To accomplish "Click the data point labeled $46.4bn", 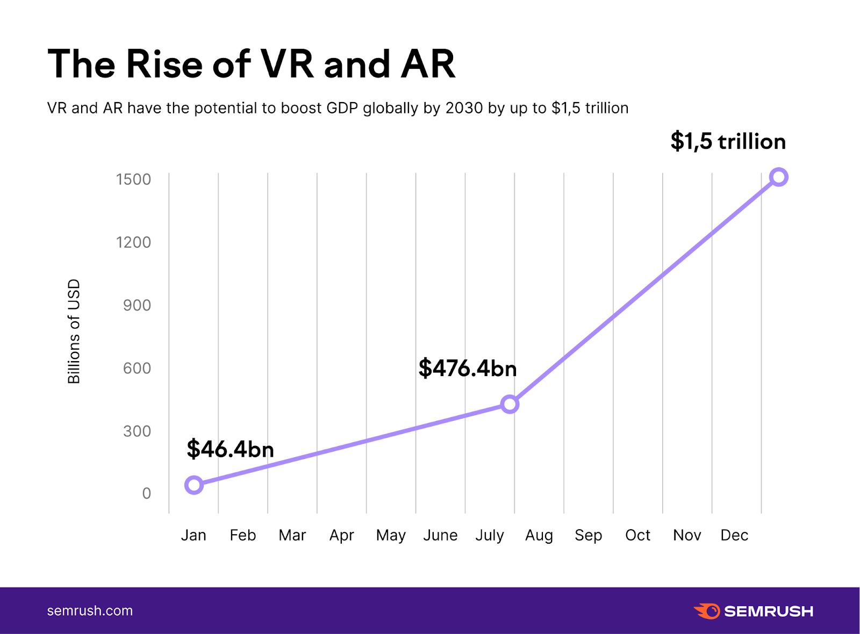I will coord(194,485).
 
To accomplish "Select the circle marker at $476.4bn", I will coord(510,404).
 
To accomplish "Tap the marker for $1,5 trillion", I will coord(778,177).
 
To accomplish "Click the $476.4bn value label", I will coord(468,369).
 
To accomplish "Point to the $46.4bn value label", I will coord(230,449).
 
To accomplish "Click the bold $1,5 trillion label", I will coord(728,141).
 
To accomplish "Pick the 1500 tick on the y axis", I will coord(133,179).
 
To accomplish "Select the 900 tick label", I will coord(137,305).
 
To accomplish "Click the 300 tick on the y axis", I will coord(137,431).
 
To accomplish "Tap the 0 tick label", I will coord(146,493).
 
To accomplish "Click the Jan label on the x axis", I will coord(193,535).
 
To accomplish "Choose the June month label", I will coord(440,535).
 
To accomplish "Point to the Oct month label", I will coord(637,535).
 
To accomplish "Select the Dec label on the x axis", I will coord(734,535).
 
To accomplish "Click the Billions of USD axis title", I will coord(74,332).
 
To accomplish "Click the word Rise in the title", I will coord(163,64).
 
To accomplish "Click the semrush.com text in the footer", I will coord(90,611).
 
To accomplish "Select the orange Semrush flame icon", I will coord(707,611).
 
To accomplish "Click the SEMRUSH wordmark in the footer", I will coord(769,611).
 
